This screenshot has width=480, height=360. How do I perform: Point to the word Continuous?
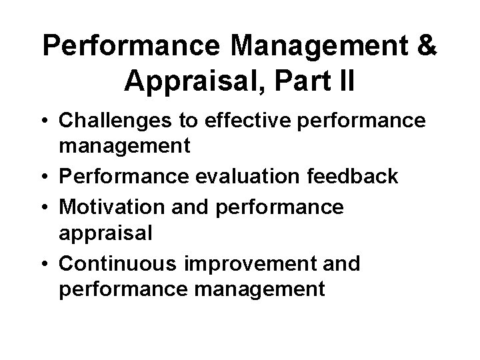pyautogui.click(x=114, y=263)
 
